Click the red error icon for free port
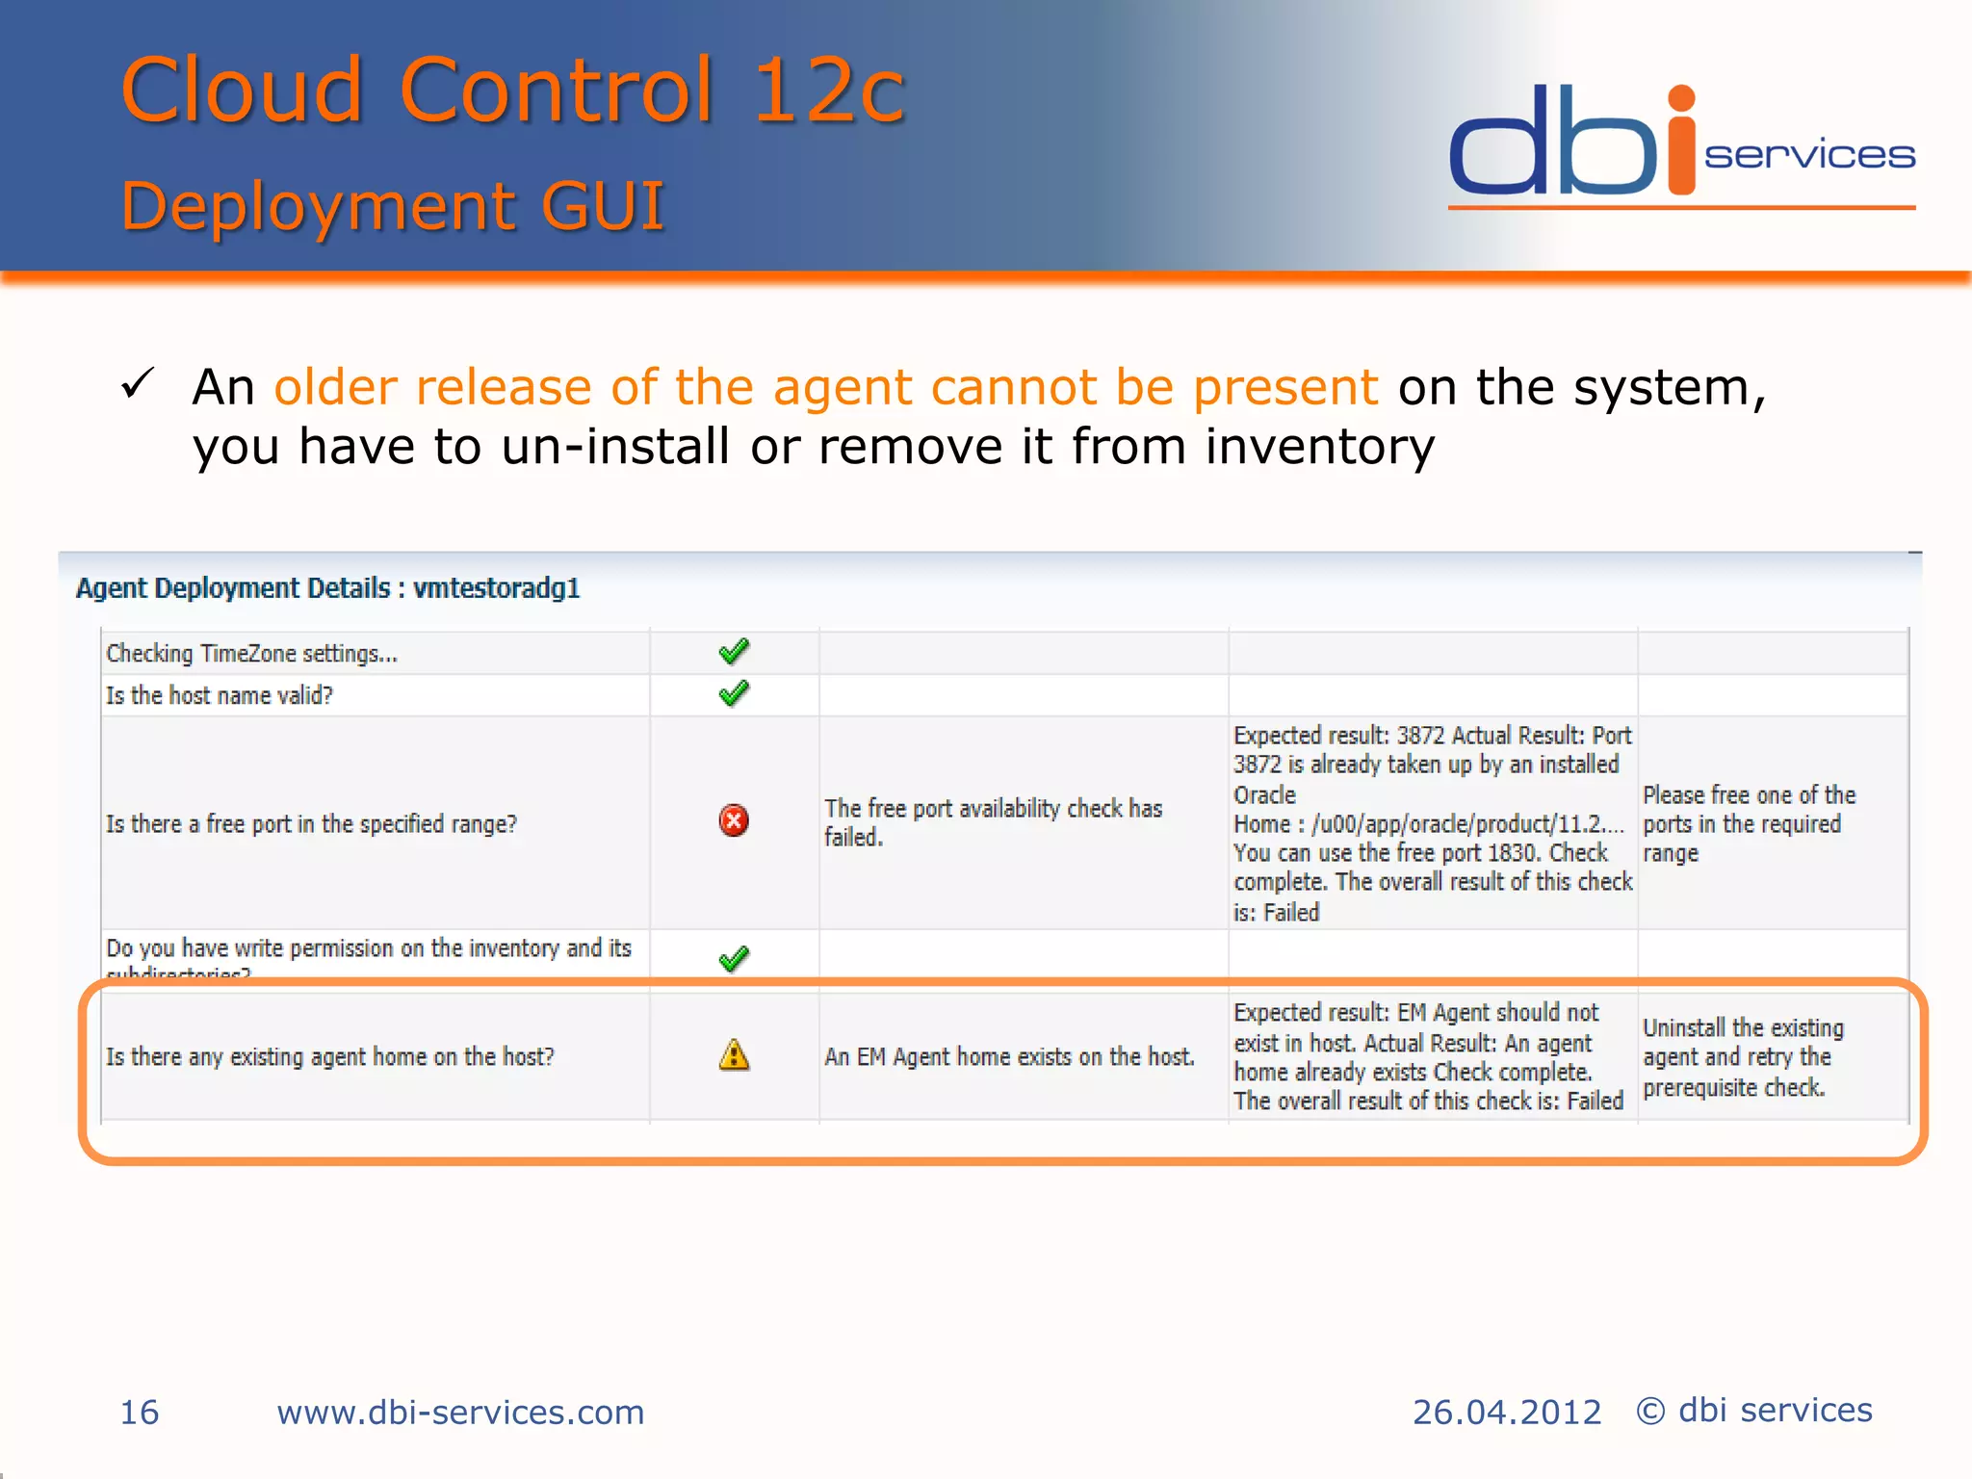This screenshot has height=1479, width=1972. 734,820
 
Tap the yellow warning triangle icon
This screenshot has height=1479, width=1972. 734,1055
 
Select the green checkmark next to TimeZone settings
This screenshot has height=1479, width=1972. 734,652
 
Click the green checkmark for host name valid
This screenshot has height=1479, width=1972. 734,693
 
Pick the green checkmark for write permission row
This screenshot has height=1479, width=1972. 734,958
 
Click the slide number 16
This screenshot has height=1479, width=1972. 139,1413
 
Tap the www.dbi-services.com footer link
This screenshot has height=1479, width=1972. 460,1413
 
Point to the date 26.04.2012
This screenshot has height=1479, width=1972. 1506,1413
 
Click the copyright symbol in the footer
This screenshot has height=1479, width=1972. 1650,1412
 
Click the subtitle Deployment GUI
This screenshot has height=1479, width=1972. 393,206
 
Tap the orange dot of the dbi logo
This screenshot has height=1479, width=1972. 1681,98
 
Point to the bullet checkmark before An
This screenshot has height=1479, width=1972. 138,384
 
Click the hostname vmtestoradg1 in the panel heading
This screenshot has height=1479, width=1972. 496,588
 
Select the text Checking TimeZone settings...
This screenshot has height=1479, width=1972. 251,654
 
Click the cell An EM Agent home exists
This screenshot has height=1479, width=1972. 1009,1057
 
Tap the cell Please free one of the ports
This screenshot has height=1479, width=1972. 1749,823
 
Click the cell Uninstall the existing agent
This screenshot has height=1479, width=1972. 1743,1057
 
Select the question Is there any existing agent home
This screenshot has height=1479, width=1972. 330,1057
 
